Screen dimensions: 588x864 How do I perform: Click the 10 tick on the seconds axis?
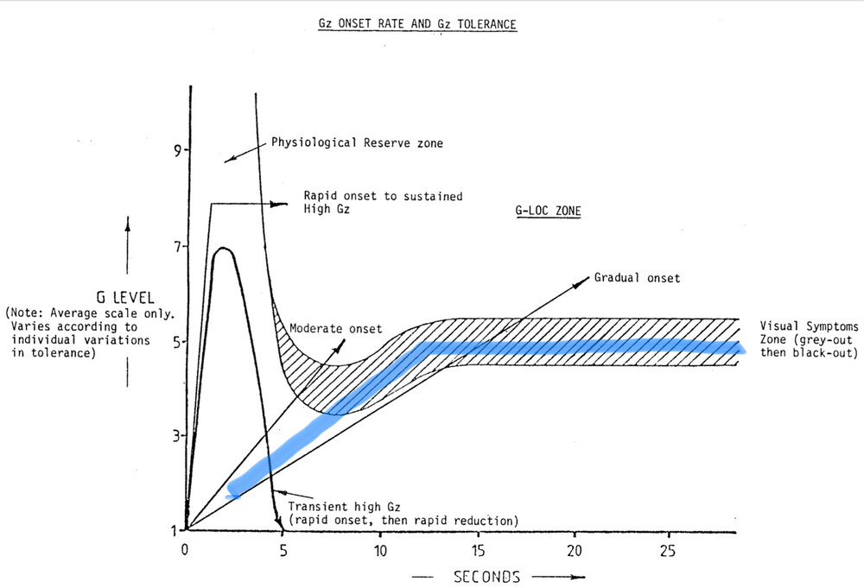pos(379,549)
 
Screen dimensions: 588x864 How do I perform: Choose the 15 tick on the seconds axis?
pos(478,549)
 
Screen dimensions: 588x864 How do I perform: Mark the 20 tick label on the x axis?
pos(575,549)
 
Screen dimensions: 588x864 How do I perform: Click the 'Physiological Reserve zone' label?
pos(357,142)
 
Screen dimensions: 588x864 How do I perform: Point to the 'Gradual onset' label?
pos(638,278)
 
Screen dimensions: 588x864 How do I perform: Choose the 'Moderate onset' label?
pos(335,329)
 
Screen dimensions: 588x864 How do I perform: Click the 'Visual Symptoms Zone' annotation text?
pos(807,339)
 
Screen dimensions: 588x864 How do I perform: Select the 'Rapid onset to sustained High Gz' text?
pos(382,202)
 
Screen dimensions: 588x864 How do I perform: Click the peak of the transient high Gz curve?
pos(224,249)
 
